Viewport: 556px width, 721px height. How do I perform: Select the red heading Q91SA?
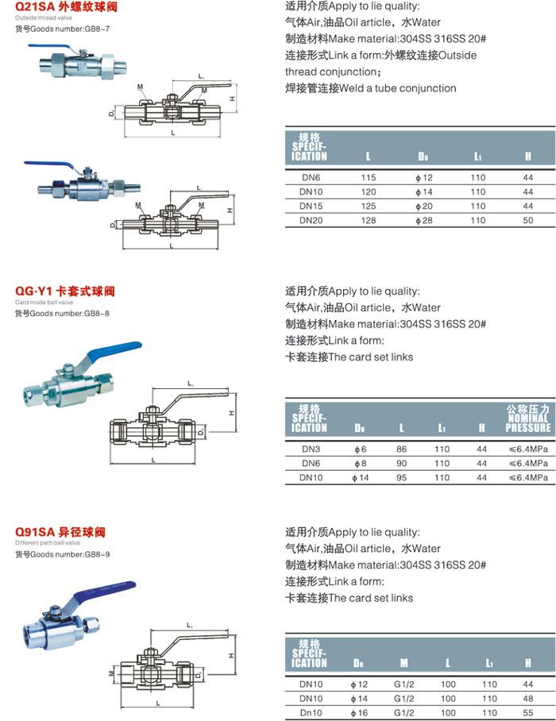click(33, 531)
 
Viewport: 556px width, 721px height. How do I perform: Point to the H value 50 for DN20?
click(527, 219)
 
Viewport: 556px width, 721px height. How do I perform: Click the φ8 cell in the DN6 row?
click(359, 463)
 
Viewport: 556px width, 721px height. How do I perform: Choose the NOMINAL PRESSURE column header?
click(527, 418)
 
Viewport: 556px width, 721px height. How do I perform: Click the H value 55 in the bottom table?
click(527, 712)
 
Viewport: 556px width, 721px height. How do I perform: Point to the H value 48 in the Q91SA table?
click(527, 698)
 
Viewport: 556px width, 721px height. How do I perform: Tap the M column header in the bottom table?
click(403, 662)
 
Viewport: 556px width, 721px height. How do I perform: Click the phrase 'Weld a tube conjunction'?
click(397, 88)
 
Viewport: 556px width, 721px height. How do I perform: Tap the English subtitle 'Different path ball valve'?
click(48, 542)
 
